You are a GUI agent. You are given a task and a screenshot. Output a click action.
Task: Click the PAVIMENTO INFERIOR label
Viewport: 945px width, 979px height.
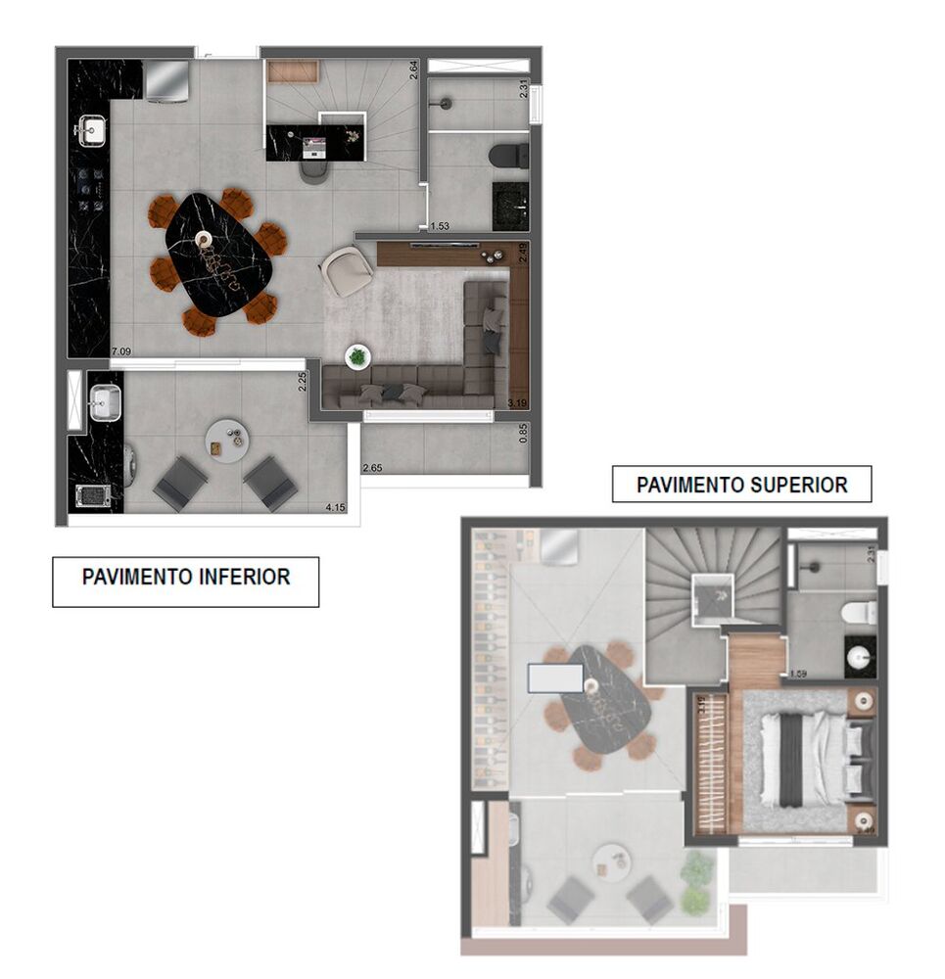[185, 578]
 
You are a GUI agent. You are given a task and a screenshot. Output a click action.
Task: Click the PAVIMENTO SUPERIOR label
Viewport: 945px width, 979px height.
[741, 485]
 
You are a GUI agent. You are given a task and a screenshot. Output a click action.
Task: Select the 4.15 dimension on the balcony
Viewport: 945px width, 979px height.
[337, 508]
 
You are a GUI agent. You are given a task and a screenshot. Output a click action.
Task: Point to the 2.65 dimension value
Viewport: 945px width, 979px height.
[373, 469]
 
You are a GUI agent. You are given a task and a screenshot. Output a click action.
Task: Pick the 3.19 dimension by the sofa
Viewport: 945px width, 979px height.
[517, 401]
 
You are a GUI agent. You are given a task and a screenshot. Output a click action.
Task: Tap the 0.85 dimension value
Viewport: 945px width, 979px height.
[523, 432]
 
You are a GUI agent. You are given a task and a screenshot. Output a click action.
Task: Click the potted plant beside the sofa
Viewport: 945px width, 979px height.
[357, 357]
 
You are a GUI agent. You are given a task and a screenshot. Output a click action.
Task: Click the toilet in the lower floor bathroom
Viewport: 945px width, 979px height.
[509, 156]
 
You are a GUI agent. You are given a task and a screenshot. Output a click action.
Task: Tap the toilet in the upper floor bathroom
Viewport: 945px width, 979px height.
[858, 613]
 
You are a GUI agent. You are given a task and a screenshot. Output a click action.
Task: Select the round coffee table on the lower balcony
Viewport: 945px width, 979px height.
[227, 442]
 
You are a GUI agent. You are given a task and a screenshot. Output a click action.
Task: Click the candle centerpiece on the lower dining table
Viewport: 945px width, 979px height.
[204, 238]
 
